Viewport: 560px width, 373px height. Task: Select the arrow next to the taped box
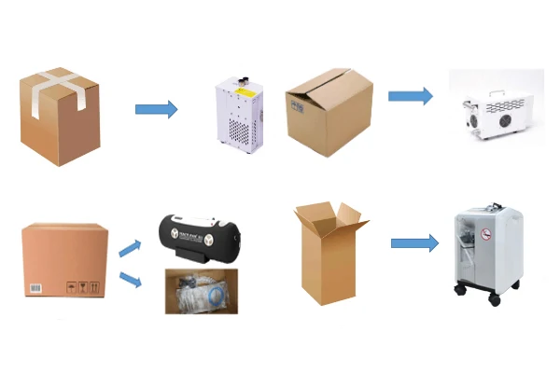156,110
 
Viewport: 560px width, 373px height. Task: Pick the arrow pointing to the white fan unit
410,95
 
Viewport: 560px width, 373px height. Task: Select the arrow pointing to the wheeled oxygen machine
413,243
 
